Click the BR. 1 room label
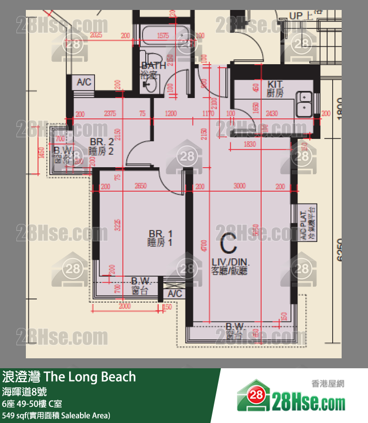[160, 238]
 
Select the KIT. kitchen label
[275, 89]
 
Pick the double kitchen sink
[304, 103]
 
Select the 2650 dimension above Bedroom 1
[141, 186]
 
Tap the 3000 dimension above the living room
[240, 186]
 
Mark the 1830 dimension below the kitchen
[250, 144]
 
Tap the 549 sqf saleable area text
[56, 415]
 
